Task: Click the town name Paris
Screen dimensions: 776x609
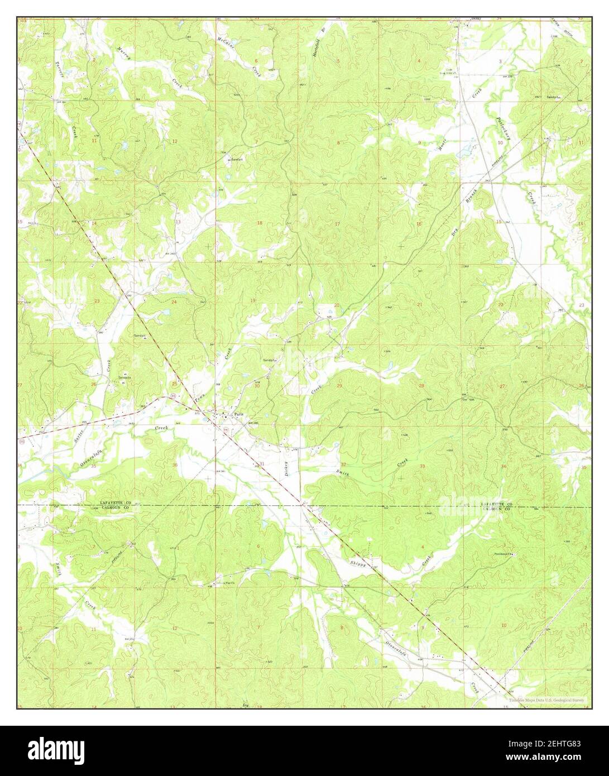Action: (239, 414)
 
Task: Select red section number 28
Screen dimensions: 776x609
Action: (421, 386)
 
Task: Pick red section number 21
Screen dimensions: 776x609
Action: (419, 304)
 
